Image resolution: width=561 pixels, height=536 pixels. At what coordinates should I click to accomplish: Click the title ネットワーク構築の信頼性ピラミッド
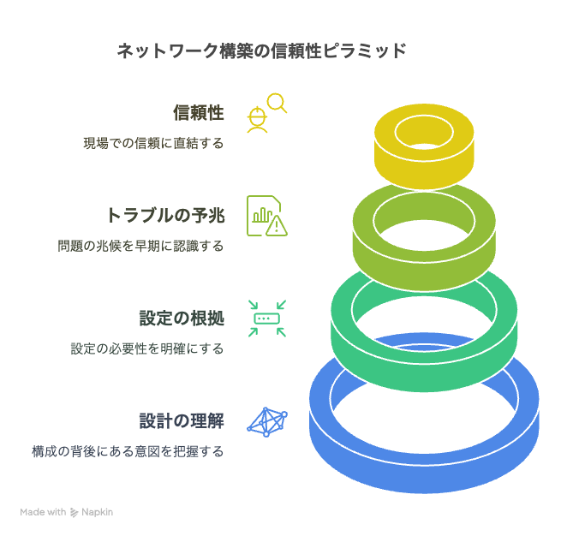point(262,51)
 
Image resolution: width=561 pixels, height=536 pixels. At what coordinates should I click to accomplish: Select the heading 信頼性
point(199,113)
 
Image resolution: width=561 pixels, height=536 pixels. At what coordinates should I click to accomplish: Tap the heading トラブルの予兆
point(165,215)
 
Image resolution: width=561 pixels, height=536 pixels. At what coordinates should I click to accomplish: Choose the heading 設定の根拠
point(182,318)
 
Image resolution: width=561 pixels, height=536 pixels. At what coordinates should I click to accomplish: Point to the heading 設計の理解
point(182,420)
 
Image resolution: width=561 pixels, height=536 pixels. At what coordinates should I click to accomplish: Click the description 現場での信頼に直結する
point(154,143)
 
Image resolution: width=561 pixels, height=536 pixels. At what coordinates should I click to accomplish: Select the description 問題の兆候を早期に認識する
point(141,246)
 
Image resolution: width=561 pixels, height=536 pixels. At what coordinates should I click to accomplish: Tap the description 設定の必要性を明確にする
point(147,348)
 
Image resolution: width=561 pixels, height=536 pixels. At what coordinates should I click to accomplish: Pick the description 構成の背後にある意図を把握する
point(128,451)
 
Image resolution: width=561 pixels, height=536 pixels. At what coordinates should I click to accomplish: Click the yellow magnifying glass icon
point(277,103)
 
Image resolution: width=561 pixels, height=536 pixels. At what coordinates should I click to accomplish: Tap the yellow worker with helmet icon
point(257,120)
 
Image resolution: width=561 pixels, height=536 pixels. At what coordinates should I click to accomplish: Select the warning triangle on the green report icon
point(276,226)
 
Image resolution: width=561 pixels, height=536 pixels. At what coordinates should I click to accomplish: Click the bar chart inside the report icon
point(262,215)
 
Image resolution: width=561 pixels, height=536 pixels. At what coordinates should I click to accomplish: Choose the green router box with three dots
point(267,319)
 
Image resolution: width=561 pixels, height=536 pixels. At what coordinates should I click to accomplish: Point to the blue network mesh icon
point(267,422)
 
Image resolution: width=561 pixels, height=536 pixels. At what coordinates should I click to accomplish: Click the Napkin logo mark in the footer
point(74,512)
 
